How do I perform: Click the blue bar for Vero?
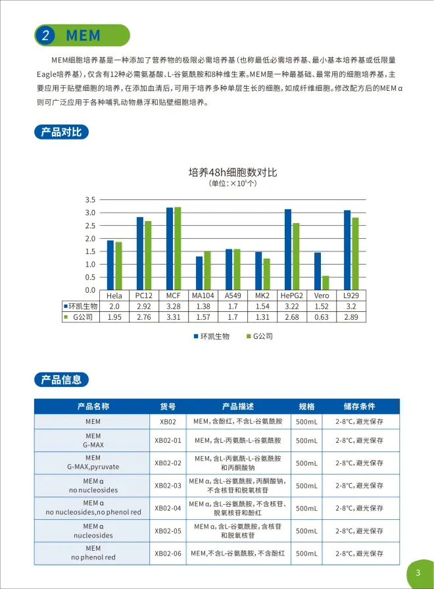pyautogui.click(x=318, y=271)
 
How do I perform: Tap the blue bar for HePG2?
pyautogui.click(x=288, y=249)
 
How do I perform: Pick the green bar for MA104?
pyautogui.click(x=207, y=270)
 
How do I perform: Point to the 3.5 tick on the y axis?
pyautogui.click(x=91, y=199)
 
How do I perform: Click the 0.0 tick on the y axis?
pyautogui.click(x=91, y=290)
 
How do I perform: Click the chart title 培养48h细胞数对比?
pyautogui.click(x=233, y=172)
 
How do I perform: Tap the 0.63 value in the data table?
pyautogui.click(x=322, y=317)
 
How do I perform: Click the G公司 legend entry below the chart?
pyautogui.click(x=259, y=336)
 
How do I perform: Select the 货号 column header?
pyautogui.click(x=168, y=407)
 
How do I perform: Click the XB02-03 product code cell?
pyautogui.click(x=168, y=486)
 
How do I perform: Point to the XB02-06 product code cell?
pyautogui.click(x=168, y=553)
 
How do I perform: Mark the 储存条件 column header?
pyautogui.click(x=359, y=407)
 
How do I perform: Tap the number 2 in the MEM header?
pyautogui.click(x=45, y=36)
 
